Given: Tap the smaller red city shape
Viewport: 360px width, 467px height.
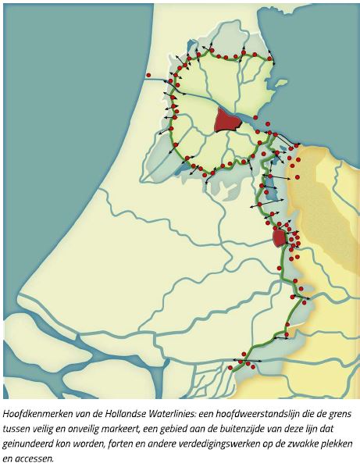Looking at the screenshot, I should click(x=279, y=237).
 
